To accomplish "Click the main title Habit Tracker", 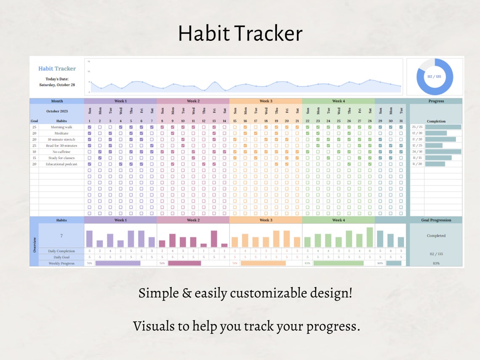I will (x=240, y=34).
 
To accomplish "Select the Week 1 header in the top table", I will (x=120, y=101).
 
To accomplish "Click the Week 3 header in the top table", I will (x=266, y=101).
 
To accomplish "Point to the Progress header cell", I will (x=436, y=101).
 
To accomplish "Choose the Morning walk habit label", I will (x=61, y=127).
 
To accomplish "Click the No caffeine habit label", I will (x=61, y=152).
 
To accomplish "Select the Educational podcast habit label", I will (x=61, y=164).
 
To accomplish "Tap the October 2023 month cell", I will (x=56, y=111).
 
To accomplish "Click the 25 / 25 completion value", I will (x=417, y=127).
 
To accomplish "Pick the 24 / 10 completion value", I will (x=417, y=152).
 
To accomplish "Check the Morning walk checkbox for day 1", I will (x=90, y=127).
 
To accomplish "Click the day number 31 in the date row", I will (x=401, y=121).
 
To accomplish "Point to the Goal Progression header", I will (x=436, y=220).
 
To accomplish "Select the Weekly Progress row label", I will (x=61, y=263).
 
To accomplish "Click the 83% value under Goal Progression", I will (x=436, y=263).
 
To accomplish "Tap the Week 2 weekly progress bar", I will (x=184, y=263).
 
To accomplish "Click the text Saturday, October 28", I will (x=57, y=85).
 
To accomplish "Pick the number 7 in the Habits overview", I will (x=61, y=236).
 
